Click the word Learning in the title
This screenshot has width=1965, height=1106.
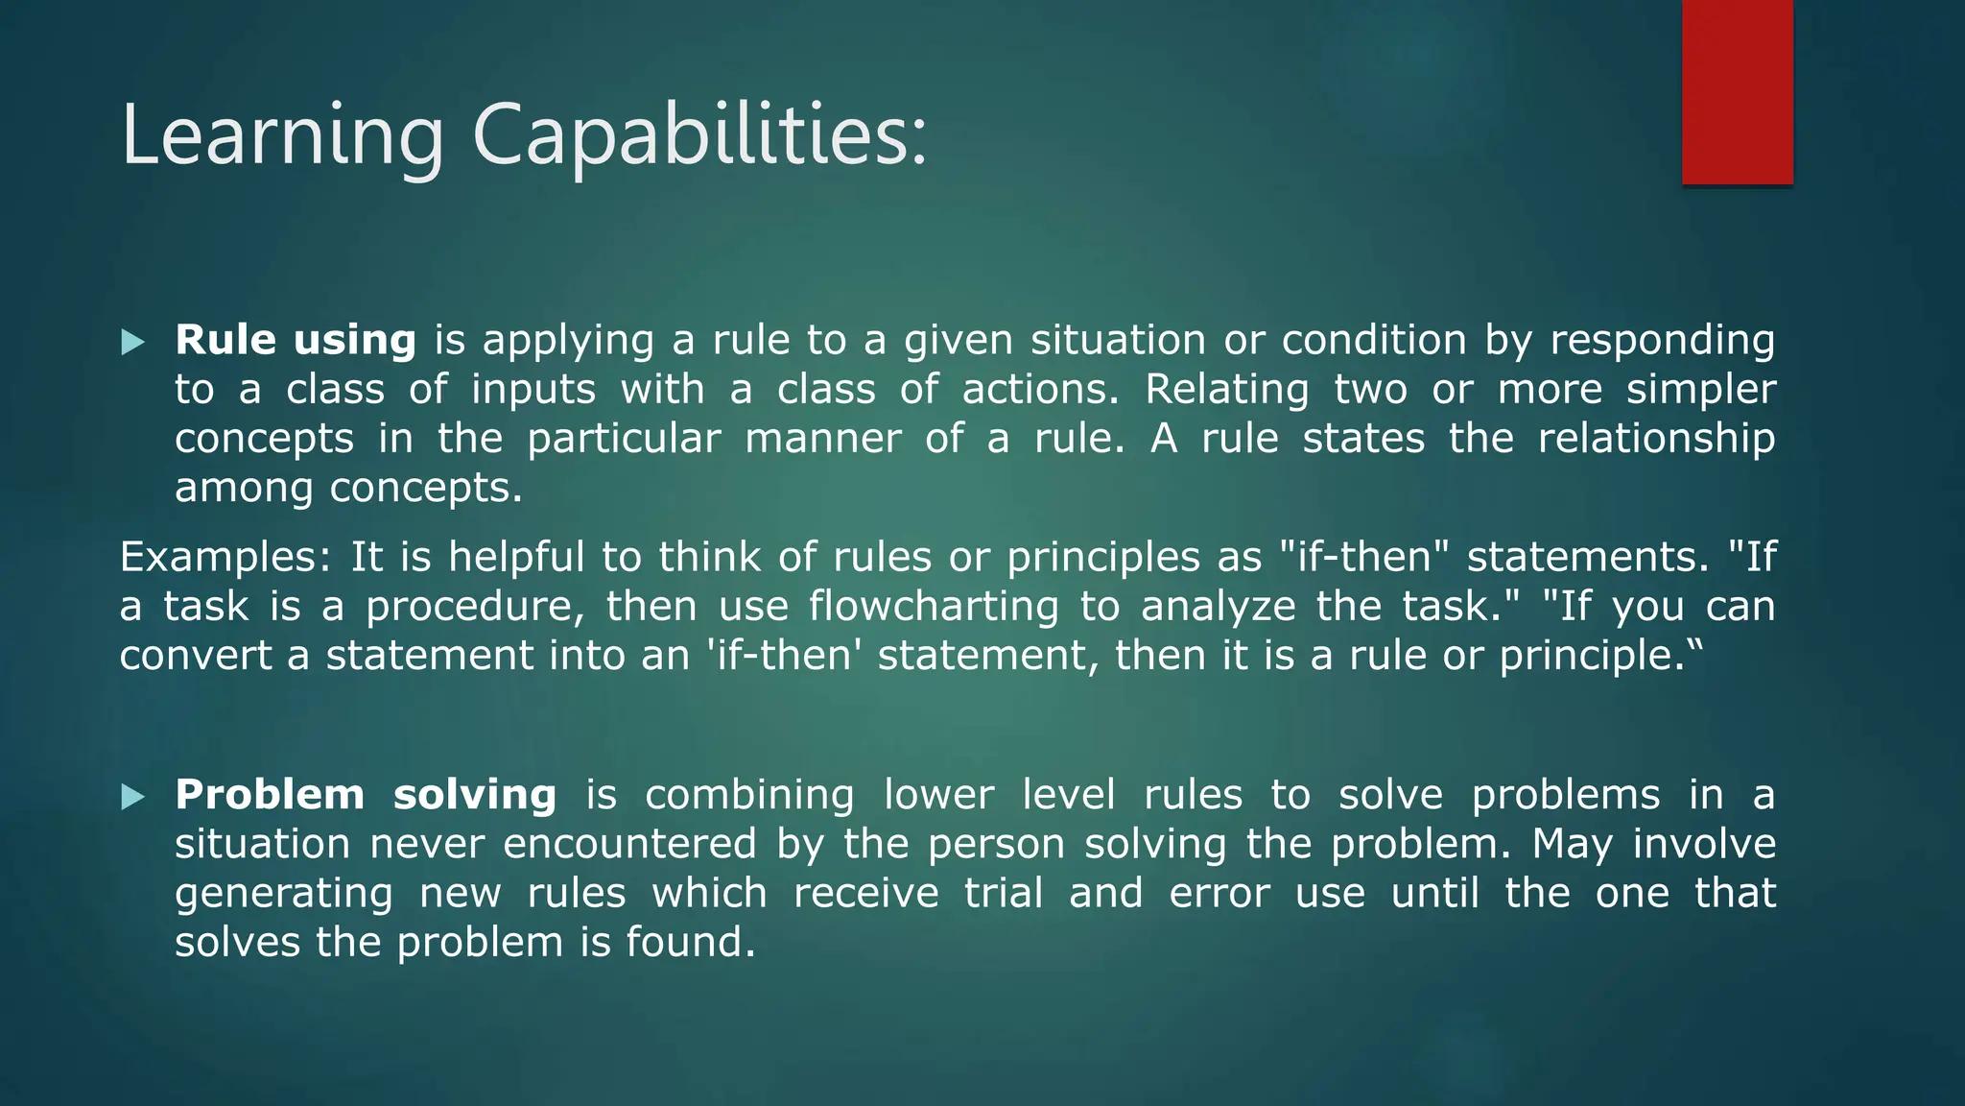pyautogui.click(x=282, y=136)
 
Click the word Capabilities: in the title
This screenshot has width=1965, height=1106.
pyautogui.click(x=699, y=136)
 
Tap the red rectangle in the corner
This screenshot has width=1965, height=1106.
pyautogui.click(x=1737, y=92)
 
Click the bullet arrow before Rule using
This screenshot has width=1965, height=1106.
pyautogui.click(x=133, y=342)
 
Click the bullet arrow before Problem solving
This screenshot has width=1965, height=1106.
pyautogui.click(x=133, y=797)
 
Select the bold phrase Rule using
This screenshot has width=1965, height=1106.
pyautogui.click(x=295, y=340)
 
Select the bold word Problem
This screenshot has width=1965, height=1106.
pyautogui.click(x=270, y=795)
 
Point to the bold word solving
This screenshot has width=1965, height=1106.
pyautogui.click(x=474, y=795)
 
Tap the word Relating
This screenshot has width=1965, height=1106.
pyautogui.click(x=1226, y=390)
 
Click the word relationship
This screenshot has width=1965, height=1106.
pyautogui.click(x=1656, y=440)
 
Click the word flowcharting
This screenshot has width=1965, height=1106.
pyautogui.click(x=933, y=607)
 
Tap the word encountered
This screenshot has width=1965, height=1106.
pyautogui.click(x=629, y=845)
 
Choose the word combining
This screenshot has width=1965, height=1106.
pyautogui.click(x=748, y=795)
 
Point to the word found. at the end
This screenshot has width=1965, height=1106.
pyautogui.click(x=691, y=943)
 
